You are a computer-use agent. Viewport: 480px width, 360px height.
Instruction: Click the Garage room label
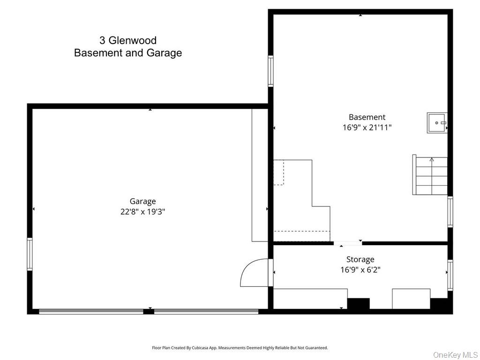(142, 202)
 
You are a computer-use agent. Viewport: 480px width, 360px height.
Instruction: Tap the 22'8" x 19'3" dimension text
(142, 212)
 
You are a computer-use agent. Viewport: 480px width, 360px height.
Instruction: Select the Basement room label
(367, 117)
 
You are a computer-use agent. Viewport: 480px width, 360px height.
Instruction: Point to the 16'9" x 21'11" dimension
(367, 127)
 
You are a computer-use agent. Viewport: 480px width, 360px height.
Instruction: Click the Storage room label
(360, 259)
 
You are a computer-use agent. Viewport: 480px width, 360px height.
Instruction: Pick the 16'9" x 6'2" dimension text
(360, 270)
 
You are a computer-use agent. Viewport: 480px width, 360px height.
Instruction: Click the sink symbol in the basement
(436, 123)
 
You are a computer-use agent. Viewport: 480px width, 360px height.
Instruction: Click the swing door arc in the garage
(254, 274)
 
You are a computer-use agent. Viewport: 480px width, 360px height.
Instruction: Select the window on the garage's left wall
(30, 254)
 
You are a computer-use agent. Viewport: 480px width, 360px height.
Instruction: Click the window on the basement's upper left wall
(270, 71)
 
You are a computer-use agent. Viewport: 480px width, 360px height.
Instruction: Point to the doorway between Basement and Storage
(347, 243)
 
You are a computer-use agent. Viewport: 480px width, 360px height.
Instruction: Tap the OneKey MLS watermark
(455, 354)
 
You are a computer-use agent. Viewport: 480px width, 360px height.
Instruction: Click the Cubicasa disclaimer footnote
(240, 348)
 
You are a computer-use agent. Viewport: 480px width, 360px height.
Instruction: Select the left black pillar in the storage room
(358, 304)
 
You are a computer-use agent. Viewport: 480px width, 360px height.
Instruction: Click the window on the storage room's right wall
(450, 275)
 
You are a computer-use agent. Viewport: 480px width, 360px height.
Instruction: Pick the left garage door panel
(91, 311)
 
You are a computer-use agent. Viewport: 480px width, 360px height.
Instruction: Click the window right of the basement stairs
(450, 212)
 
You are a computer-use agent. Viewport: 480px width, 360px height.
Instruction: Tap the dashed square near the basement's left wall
(278, 172)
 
